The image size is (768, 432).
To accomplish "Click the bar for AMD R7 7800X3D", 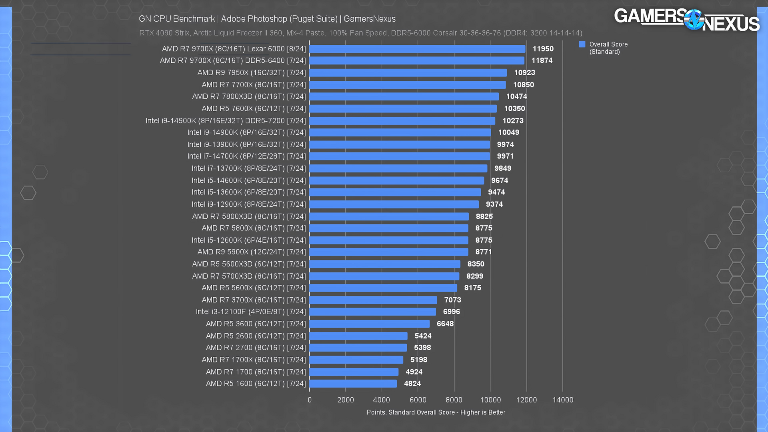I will [x=404, y=96].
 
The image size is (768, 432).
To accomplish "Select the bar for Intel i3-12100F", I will [x=372, y=312].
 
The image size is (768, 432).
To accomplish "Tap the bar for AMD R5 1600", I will [x=353, y=384].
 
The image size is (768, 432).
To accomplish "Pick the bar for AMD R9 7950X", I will [x=408, y=73].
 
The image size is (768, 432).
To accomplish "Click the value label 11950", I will [x=543, y=49].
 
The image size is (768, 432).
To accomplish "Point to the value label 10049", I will [x=508, y=132].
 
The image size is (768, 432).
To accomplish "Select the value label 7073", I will [x=452, y=300].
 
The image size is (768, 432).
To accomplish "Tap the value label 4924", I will [x=414, y=372].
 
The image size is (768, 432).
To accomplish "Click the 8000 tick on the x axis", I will [x=454, y=400].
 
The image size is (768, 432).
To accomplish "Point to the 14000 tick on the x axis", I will [x=563, y=400].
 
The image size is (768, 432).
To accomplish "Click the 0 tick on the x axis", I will [x=310, y=400].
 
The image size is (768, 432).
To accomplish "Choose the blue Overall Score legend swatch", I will [x=582, y=44].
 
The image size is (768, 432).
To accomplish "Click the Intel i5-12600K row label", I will [x=248, y=240].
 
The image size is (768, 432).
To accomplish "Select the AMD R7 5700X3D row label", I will [x=249, y=276].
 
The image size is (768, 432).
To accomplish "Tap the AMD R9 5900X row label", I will [x=251, y=252].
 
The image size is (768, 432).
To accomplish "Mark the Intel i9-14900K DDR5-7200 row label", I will [x=226, y=121].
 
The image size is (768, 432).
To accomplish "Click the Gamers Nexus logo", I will [x=686, y=19].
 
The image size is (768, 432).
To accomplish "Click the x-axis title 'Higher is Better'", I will [x=482, y=412].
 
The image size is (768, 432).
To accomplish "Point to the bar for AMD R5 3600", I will [x=369, y=324].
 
